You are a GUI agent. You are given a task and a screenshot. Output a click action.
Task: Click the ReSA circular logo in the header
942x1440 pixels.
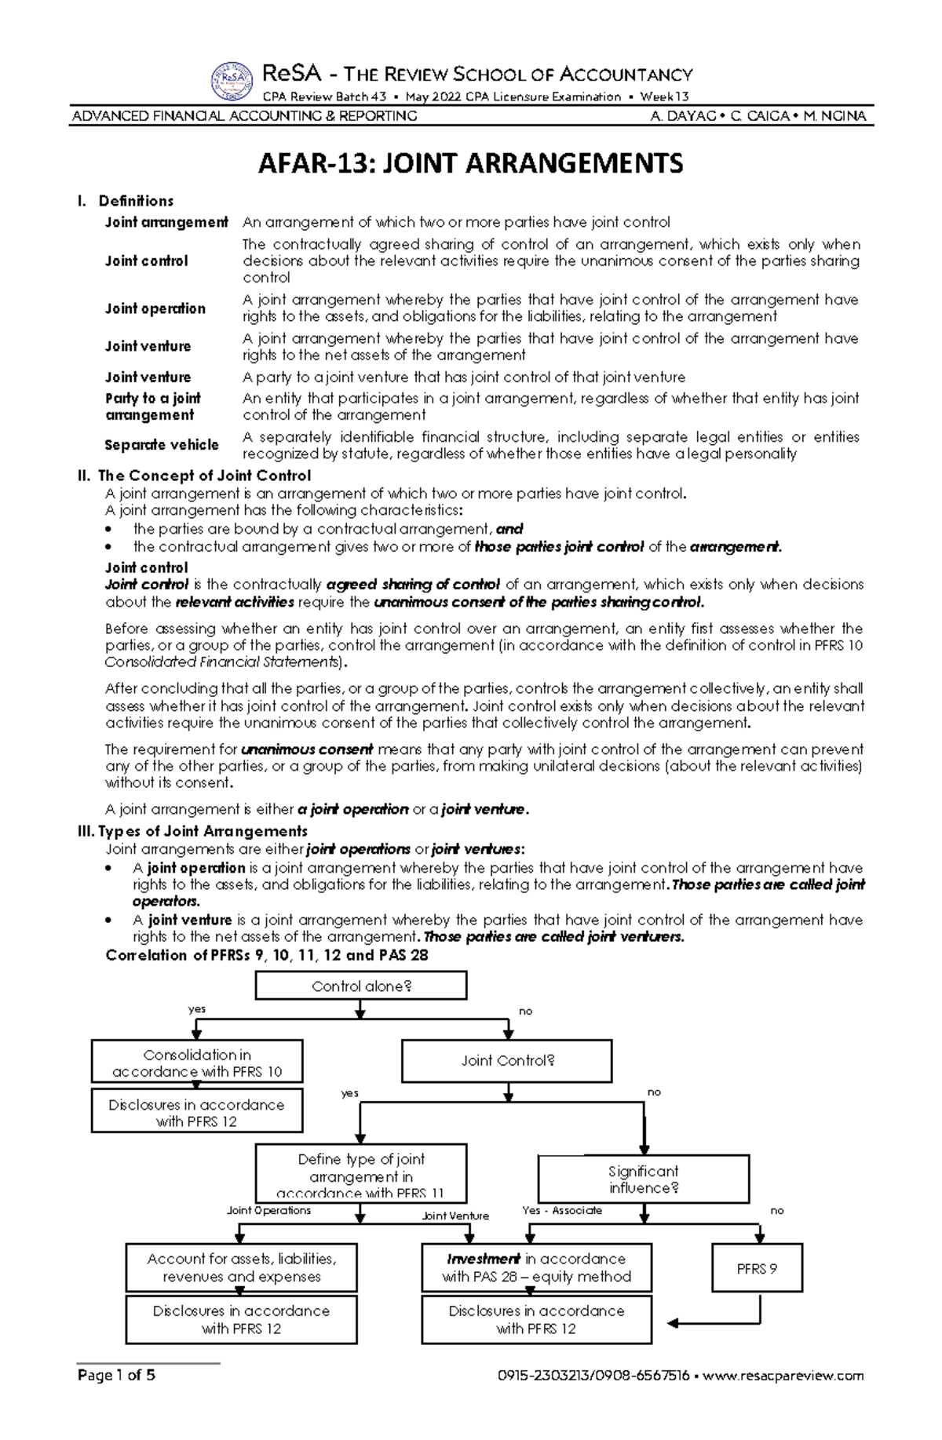(x=232, y=82)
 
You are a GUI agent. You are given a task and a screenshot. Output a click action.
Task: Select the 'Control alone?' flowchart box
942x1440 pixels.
(x=361, y=986)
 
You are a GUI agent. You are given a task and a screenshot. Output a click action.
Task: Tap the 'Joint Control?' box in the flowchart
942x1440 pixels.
(x=507, y=1061)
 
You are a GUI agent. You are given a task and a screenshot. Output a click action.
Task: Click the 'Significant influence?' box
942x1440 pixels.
(x=643, y=1179)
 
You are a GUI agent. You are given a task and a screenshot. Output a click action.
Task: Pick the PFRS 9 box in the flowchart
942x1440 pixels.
(x=757, y=1268)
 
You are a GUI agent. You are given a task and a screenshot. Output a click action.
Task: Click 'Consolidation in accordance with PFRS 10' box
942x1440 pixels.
(x=197, y=1063)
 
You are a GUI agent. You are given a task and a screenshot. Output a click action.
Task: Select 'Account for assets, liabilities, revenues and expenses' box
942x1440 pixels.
(x=241, y=1268)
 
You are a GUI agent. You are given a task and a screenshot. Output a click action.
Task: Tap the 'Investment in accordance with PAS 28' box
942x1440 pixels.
(x=536, y=1268)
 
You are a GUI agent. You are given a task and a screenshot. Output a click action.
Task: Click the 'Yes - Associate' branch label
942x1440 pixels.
(x=562, y=1210)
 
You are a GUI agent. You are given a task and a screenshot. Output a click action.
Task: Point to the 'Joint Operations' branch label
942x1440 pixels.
(x=268, y=1210)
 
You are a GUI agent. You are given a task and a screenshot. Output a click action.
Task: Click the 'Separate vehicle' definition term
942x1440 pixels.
(x=162, y=445)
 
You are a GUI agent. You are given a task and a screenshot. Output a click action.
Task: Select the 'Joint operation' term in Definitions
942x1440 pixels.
(x=155, y=308)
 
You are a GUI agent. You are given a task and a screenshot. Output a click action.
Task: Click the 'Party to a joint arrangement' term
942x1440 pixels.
(x=153, y=406)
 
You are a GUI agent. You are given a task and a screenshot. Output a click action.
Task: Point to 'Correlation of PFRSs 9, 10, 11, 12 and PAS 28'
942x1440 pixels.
(x=267, y=955)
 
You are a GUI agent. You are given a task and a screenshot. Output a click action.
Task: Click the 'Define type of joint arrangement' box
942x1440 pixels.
(x=361, y=1175)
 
